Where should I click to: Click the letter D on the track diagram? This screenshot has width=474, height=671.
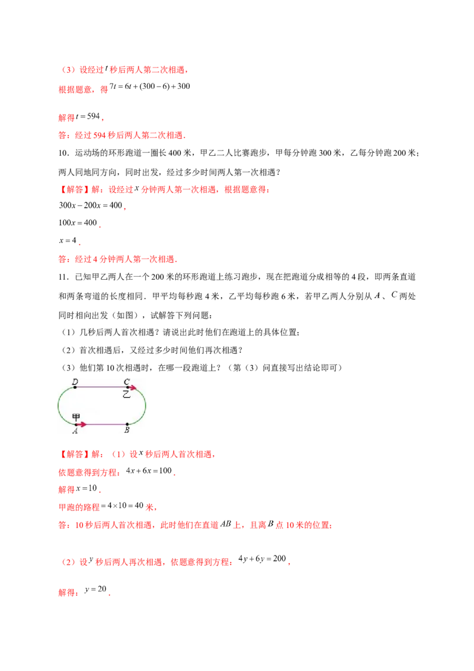(75, 382)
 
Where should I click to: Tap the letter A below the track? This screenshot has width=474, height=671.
(75, 431)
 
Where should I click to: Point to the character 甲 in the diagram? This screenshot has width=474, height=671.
(76, 417)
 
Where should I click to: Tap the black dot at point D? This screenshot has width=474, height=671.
(75, 387)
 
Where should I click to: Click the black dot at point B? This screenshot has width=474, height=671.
(127, 424)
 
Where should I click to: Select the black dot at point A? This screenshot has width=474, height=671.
(75, 424)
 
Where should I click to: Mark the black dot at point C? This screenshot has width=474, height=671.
(127, 387)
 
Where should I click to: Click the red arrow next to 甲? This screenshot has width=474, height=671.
(82, 424)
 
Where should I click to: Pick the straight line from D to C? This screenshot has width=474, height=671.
(101, 387)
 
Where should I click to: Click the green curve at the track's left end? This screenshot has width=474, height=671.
(58, 405)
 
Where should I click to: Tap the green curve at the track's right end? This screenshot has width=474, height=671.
(145, 405)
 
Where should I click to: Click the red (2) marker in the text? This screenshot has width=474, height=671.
(68, 70)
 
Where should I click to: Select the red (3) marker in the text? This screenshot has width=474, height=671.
(68, 562)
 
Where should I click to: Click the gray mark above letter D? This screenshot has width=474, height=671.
(75, 376)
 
